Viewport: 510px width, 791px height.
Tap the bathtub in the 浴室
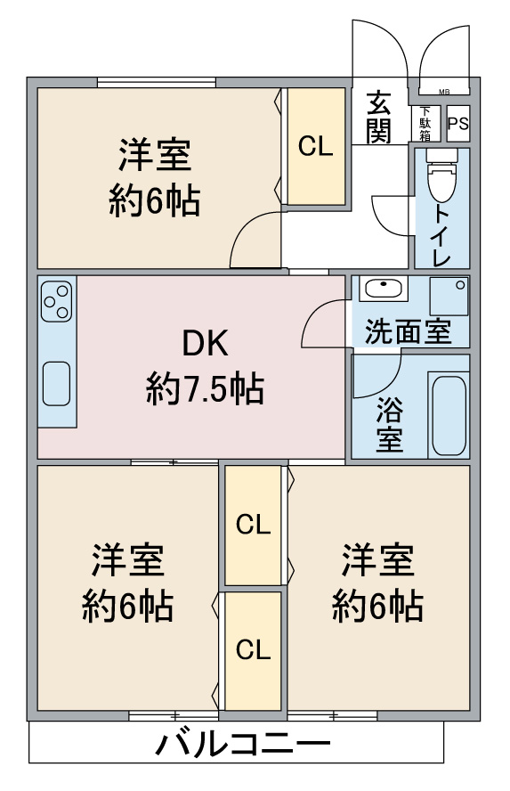pos(449,415)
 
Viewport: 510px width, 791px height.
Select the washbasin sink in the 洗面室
pos(384,289)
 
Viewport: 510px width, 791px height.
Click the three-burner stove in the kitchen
pos(56,301)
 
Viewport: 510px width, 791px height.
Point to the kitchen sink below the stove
pos(56,383)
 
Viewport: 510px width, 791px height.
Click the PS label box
pos(458,124)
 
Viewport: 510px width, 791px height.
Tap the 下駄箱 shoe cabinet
pos(425,124)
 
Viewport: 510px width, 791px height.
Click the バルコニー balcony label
pos(242,744)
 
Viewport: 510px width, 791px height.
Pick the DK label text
pos(205,343)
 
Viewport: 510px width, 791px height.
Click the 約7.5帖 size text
pos(205,389)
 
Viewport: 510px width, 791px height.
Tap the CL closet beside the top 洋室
pos(316,146)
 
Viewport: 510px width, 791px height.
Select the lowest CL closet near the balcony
pos(253,651)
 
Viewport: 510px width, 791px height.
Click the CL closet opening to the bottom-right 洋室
pos(253,526)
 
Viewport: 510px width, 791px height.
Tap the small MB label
pos(444,92)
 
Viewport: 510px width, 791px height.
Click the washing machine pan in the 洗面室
pos(449,296)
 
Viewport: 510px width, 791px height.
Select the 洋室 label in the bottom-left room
pos(127,560)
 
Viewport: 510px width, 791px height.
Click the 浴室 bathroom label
pos(390,424)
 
